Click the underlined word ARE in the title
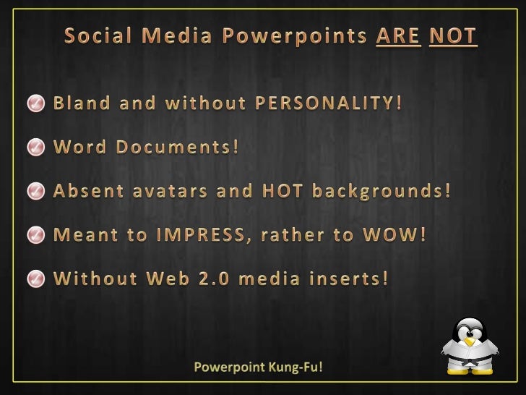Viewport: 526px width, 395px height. pyautogui.click(x=398, y=35)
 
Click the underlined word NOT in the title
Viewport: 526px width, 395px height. pyautogui.click(x=453, y=35)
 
